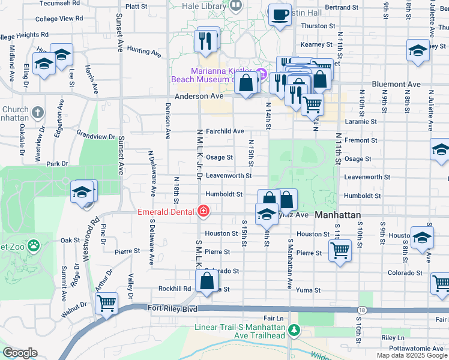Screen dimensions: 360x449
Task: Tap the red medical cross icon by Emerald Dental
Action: [203, 211]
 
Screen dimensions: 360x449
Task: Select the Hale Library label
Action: [204, 5]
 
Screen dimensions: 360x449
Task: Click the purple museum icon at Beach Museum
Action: [261, 74]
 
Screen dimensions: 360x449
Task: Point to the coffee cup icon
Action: [279, 14]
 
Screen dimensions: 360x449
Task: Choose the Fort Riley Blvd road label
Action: [173, 308]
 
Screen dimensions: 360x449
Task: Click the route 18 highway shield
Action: [361, 310]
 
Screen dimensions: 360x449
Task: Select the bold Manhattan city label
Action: [338, 215]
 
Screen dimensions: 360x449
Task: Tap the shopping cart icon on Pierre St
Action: [340, 250]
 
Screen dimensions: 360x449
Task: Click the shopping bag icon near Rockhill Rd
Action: [206, 281]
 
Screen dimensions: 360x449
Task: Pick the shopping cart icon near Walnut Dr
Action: [106, 303]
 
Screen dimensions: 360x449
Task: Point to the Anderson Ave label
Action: [199, 95]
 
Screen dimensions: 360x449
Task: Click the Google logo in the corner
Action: [20, 353]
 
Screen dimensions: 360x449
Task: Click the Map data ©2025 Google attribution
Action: [412, 355]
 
